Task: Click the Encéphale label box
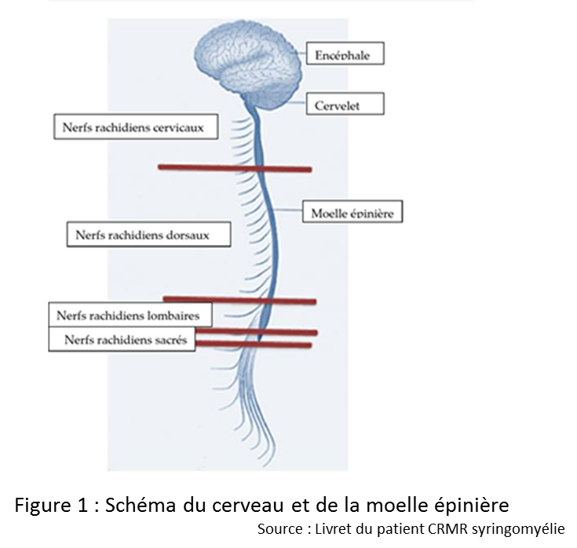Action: (345, 53)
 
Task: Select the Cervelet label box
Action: (345, 104)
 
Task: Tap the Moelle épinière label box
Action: (352, 212)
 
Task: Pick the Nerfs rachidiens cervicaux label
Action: (136, 126)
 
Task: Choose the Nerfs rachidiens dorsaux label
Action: (148, 234)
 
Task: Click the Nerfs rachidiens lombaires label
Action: (130, 315)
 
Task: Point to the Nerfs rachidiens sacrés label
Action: (122, 339)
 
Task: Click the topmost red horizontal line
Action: (235, 168)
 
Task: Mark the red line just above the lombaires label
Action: (239, 301)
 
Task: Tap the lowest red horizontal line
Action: (254, 344)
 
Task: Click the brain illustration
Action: (248, 64)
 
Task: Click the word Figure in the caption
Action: (42, 505)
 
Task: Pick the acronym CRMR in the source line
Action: (447, 529)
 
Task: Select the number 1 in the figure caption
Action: (82, 505)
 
